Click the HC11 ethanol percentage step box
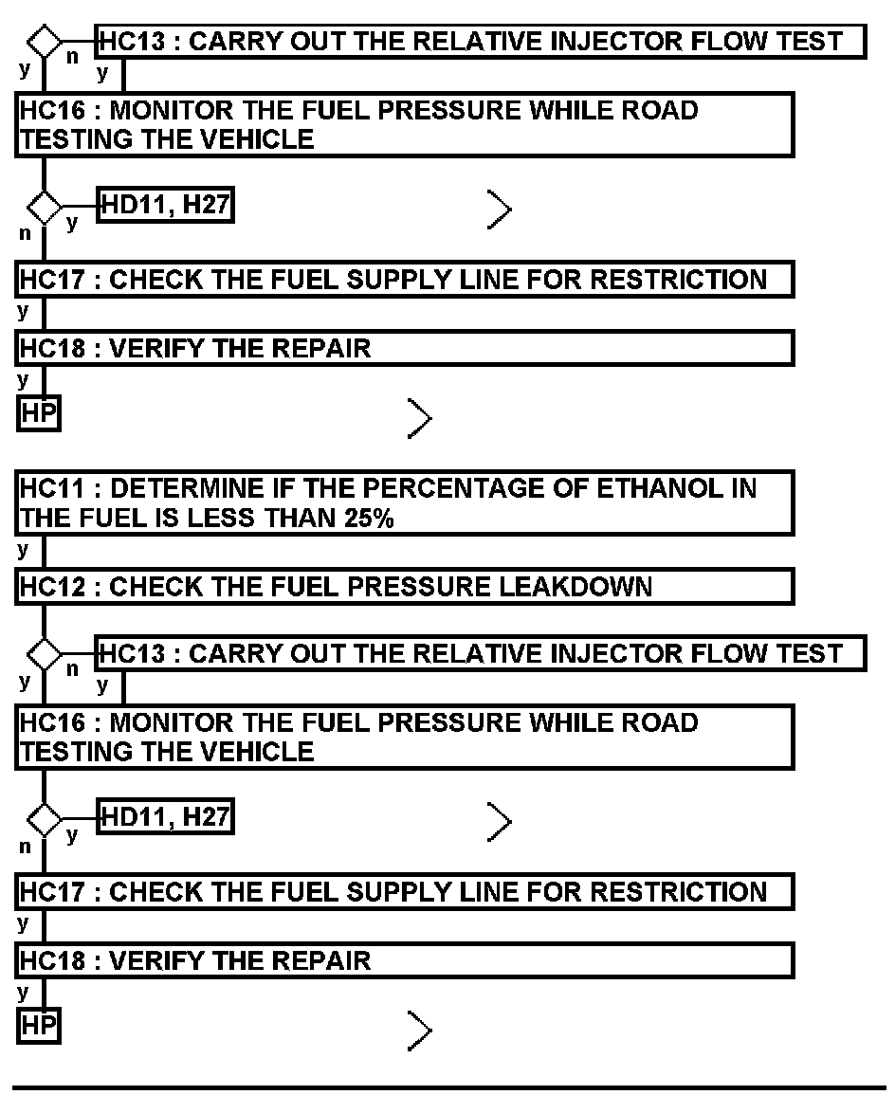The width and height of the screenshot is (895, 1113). pyautogui.click(x=405, y=504)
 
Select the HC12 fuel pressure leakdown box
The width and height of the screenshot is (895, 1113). pyautogui.click(x=405, y=587)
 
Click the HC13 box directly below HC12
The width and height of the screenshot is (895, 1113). pyautogui.click(x=481, y=654)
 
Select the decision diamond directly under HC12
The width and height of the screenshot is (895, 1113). pyautogui.click(x=44, y=654)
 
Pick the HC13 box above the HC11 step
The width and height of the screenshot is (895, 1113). pyautogui.click(x=481, y=42)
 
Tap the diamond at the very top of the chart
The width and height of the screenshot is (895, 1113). pyautogui.click(x=44, y=42)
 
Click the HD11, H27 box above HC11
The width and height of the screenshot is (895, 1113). pyautogui.click(x=166, y=205)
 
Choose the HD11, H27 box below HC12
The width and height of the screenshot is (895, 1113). pyautogui.click(x=166, y=817)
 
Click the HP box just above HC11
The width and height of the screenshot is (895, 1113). pyautogui.click(x=38, y=415)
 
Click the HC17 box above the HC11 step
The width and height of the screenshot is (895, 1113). pyautogui.click(x=405, y=280)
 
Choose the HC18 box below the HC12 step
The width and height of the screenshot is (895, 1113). pyautogui.click(x=405, y=960)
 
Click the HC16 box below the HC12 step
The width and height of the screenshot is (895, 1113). pyautogui.click(x=405, y=738)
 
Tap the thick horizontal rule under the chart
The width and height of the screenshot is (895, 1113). pyautogui.click(x=449, y=1088)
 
